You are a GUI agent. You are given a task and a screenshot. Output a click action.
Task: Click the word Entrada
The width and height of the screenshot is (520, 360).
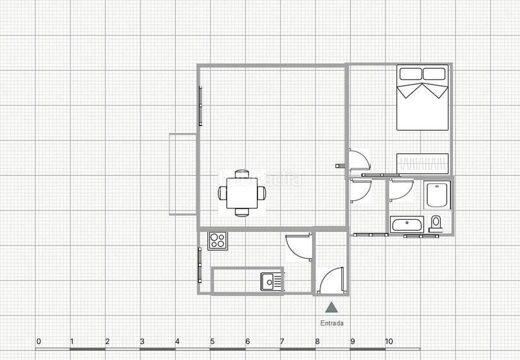click(331, 323)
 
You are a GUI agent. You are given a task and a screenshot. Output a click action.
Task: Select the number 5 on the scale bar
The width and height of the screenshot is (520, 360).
click(212, 342)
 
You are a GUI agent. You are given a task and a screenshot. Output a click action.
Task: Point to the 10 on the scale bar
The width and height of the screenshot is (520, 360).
click(389, 342)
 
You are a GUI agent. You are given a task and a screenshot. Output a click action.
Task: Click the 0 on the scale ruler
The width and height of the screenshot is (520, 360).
click(38, 342)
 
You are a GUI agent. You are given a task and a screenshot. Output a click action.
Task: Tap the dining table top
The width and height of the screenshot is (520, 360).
click(242, 193)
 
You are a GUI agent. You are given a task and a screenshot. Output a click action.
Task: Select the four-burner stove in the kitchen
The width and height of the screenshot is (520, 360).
click(217, 241)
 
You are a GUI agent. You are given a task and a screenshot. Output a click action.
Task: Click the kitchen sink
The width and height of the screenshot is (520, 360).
click(272, 281)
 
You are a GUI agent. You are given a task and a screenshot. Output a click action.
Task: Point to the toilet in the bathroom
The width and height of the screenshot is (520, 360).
click(435, 223)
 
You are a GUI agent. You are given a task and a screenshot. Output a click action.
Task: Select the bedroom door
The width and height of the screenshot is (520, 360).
click(358, 161)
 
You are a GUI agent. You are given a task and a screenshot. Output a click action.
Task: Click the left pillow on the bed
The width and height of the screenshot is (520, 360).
click(409, 73)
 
